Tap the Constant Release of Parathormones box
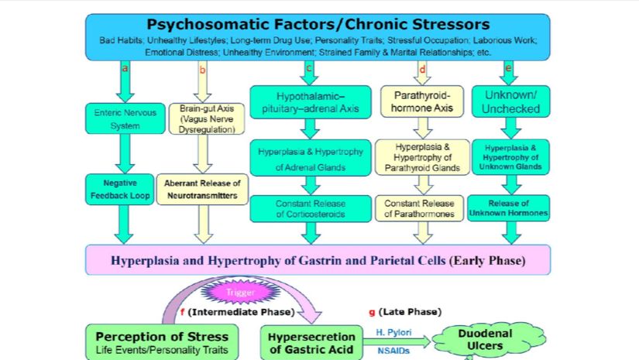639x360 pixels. point(423,208)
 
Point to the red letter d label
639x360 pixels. point(422,69)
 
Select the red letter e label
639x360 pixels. point(508,68)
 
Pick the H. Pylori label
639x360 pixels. point(393,331)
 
